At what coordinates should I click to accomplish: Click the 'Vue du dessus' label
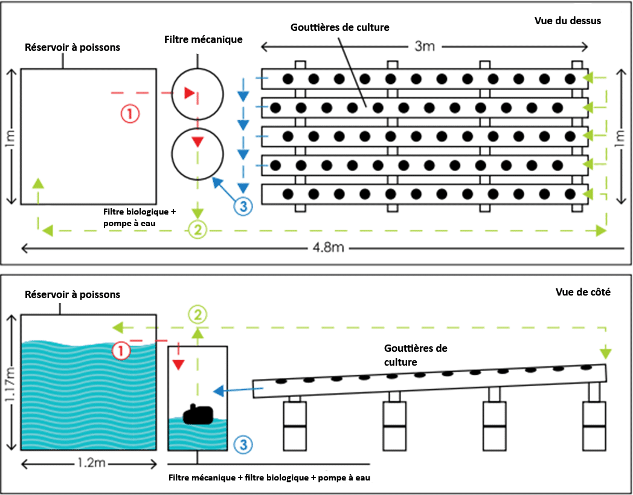568,21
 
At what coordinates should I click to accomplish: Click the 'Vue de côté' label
583,293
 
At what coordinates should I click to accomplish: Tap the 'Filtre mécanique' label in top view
203,40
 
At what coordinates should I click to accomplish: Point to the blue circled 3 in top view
242,206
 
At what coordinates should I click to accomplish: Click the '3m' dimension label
425,47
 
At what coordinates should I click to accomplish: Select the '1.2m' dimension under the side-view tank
89,464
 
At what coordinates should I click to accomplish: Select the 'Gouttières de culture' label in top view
340,27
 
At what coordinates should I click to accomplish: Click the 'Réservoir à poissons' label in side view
72,295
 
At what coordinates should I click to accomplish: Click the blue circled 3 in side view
242,444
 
